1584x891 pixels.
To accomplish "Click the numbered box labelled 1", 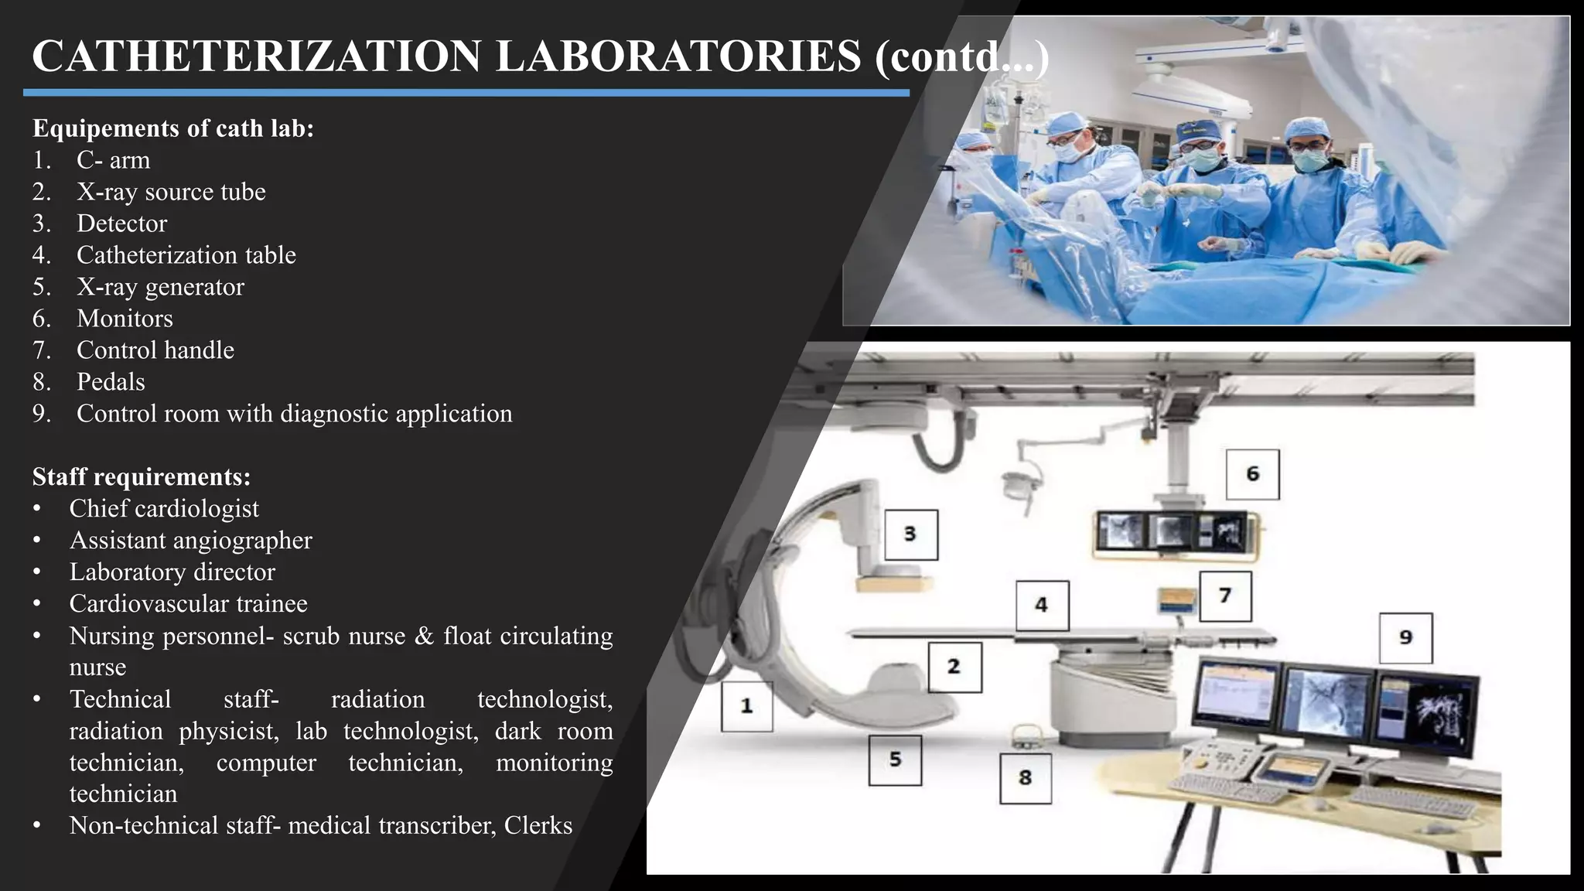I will click(746, 706).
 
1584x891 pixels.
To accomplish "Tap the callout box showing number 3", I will click(910, 534).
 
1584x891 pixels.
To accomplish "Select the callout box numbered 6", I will click(1252, 474).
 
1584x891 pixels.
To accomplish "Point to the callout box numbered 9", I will click(1405, 638).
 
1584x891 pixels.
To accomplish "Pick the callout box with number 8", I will click(1025, 778).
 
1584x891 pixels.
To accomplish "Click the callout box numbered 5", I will click(895, 760).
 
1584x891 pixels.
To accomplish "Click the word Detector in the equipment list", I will click(121, 224).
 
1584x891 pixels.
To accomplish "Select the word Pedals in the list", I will click(111, 382).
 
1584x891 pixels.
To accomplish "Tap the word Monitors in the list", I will click(125, 319).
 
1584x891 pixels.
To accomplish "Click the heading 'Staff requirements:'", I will click(142, 476).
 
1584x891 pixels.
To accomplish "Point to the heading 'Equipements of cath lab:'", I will click(173, 128).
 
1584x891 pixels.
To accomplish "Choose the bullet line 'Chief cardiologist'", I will click(164, 509).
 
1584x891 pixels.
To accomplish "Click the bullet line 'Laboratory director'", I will click(172, 572).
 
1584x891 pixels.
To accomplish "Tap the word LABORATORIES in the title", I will click(678, 56).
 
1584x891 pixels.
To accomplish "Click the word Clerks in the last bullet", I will click(538, 826).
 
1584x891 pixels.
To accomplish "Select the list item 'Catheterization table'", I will click(186, 255).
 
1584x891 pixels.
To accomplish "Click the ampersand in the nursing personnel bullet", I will click(424, 636).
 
